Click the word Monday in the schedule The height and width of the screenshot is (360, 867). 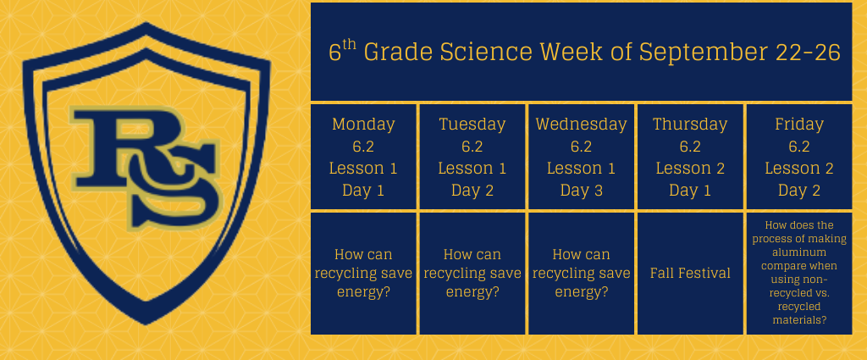click(x=363, y=125)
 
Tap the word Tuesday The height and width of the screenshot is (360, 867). click(x=472, y=125)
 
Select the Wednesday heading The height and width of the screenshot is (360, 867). click(x=581, y=125)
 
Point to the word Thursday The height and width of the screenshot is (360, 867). click(x=690, y=125)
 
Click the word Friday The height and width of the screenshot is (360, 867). click(x=799, y=125)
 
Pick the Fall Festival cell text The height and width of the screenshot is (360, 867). click(x=690, y=273)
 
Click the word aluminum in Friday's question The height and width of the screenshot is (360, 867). click(x=799, y=252)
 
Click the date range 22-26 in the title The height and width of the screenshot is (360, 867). click(x=808, y=53)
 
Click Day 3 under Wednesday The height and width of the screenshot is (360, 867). click(x=581, y=191)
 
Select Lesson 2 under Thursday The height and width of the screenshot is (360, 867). click(x=690, y=169)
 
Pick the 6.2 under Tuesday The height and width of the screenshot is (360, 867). click(x=472, y=147)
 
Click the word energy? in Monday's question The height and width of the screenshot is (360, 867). click(x=363, y=291)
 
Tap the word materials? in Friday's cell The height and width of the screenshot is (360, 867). click(x=799, y=320)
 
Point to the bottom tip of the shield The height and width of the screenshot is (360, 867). click(x=146, y=324)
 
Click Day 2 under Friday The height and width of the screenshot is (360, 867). click(x=799, y=191)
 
